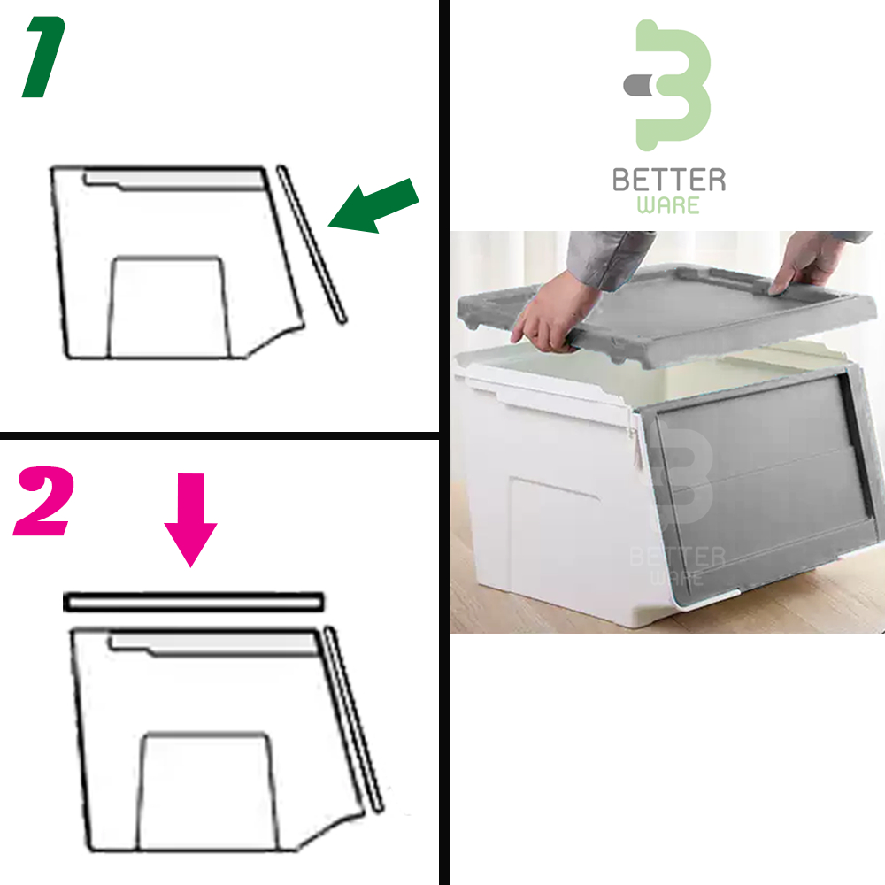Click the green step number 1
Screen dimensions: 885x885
[x=44, y=57]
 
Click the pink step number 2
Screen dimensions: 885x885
[x=43, y=501]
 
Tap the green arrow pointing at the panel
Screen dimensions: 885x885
[x=373, y=206]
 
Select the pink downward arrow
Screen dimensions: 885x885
[x=191, y=519]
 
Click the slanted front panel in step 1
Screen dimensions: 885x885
[x=311, y=244]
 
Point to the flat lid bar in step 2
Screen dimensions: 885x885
[x=194, y=602]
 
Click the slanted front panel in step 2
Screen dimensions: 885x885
[x=354, y=720]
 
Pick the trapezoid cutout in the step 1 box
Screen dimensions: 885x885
[x=169, y=307]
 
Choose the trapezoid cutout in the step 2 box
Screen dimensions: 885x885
[x=207, y=791]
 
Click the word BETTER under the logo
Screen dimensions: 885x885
[x=669, y=180]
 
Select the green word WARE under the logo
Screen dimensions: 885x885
[x=668, y=205]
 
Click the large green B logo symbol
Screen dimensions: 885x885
[x=673, y=85]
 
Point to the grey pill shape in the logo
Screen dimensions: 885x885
[x=640, y=85]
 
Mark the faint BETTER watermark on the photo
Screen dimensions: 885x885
[x=677, y=557]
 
